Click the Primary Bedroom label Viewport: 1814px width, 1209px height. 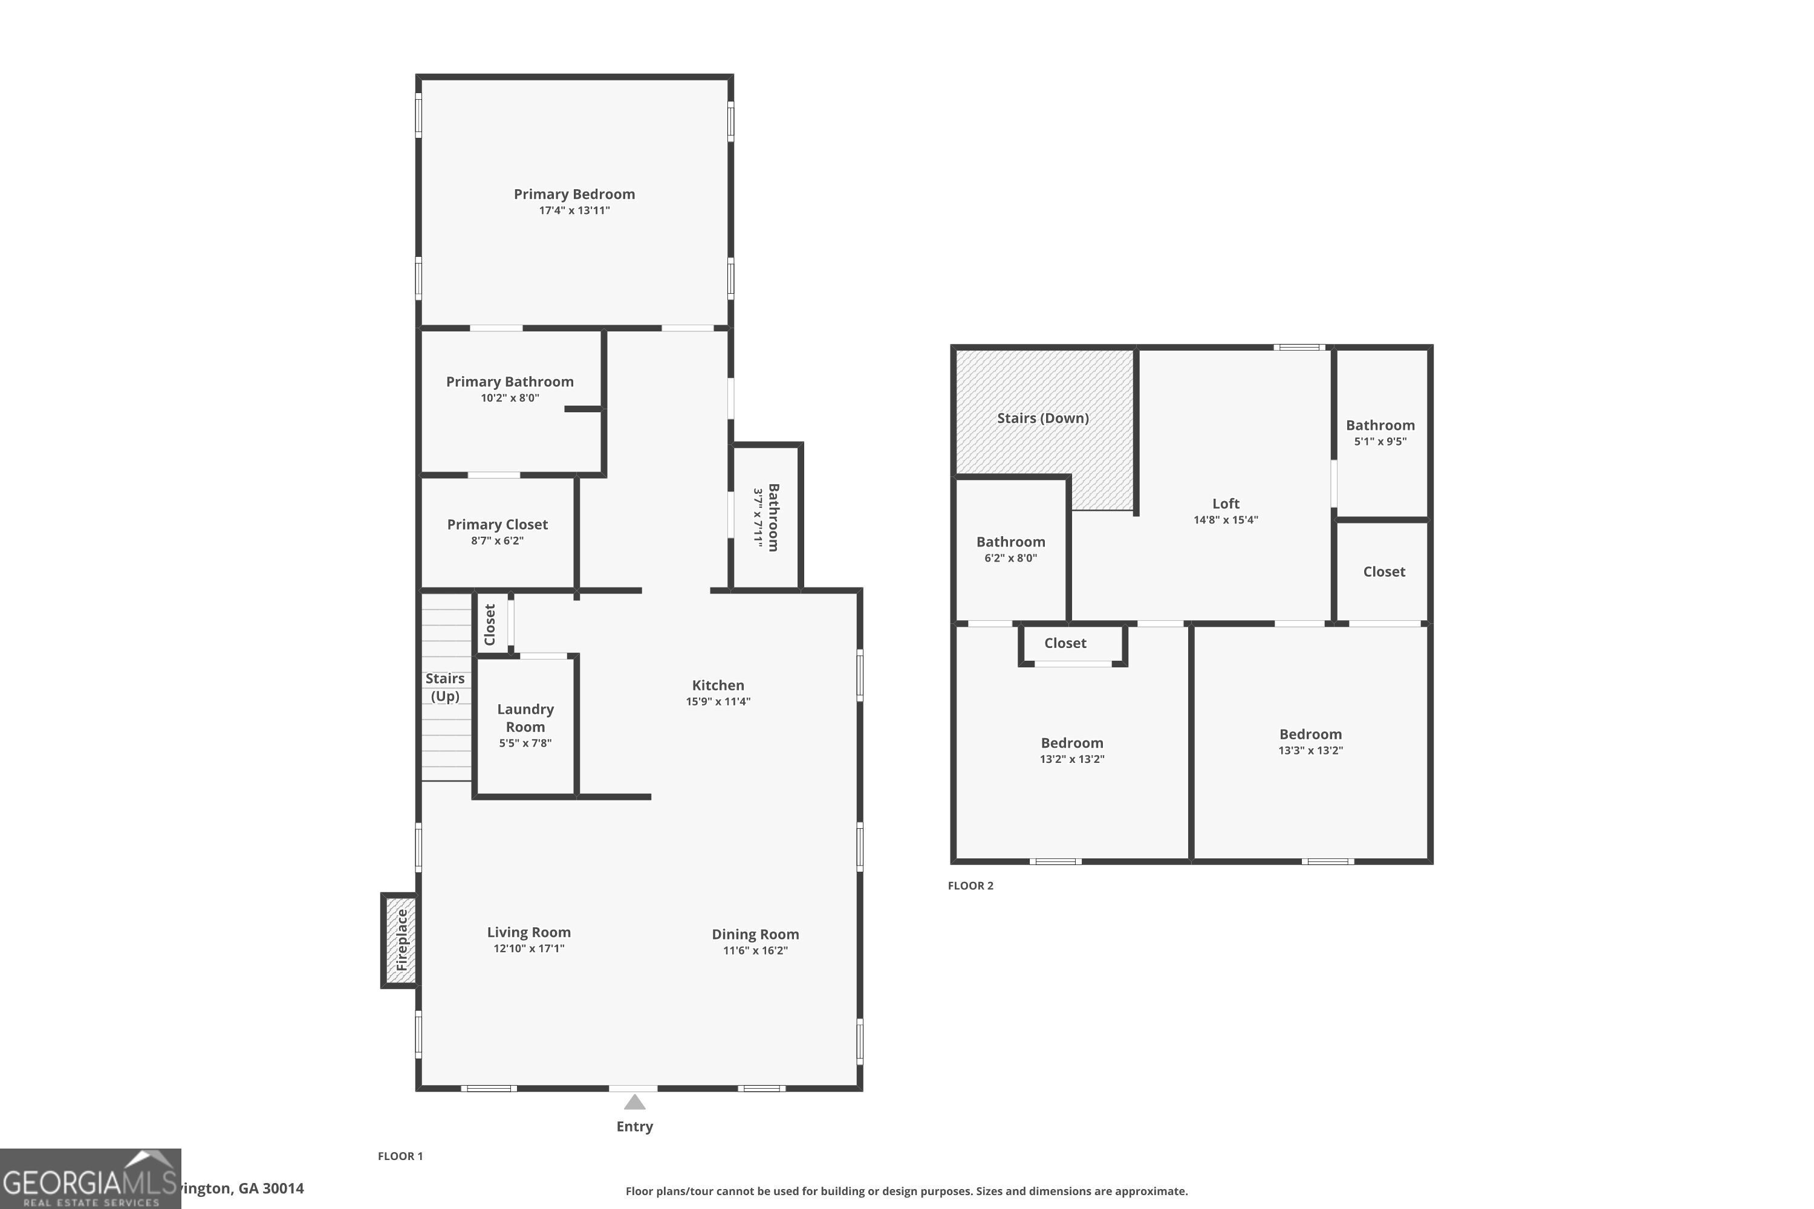574,194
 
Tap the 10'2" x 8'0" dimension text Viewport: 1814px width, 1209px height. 510,398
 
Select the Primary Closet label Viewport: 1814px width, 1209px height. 498,524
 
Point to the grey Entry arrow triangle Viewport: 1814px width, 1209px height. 634,1102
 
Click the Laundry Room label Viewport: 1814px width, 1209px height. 525,718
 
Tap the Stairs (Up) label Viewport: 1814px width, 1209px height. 445,687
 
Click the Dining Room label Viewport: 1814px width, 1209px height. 755,935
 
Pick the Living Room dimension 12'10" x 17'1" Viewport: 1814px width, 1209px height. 529,948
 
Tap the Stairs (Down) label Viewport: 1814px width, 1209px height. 1042,418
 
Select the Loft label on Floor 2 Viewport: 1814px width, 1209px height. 1226,504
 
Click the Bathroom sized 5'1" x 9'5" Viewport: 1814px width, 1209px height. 1380,426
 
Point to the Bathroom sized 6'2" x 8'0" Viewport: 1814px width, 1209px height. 1010,542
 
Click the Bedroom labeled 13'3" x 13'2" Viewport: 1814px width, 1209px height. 1310,734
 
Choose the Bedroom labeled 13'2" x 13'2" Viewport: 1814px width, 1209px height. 1072,744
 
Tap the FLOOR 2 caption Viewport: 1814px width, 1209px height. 970,885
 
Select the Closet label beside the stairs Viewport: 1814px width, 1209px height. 490,624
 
